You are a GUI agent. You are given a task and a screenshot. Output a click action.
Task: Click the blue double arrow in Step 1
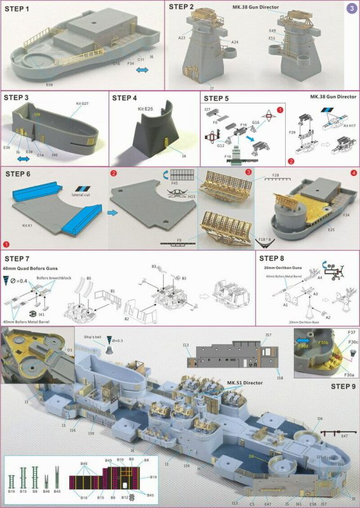[144, 69]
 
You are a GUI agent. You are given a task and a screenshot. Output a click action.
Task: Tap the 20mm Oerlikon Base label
[316, 322]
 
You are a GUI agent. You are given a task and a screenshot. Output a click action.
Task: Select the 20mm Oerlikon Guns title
[284, 267]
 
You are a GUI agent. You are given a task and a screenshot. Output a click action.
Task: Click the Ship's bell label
[93, 331]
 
